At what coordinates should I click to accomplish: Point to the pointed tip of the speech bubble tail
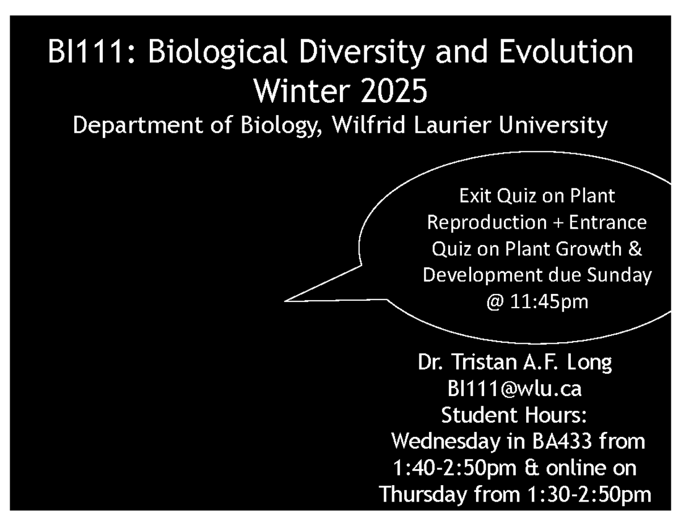[285, 301]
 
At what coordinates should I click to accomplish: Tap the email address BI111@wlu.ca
[514, 389]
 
